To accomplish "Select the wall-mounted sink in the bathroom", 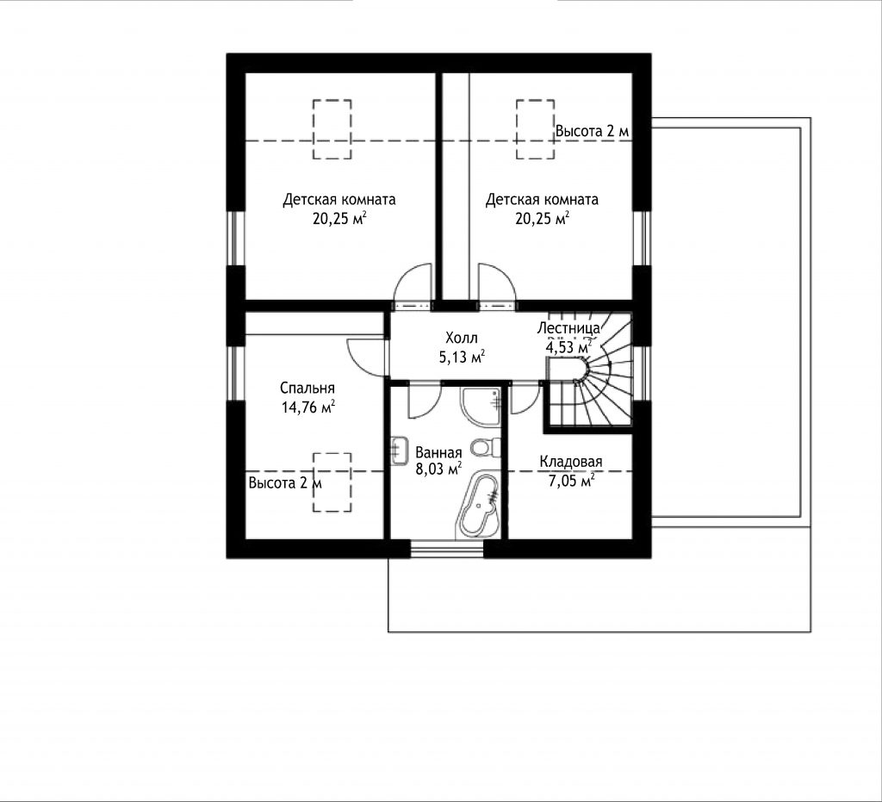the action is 399,450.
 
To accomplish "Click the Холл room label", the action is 462,338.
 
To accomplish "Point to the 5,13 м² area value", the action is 462,357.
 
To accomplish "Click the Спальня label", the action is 307,388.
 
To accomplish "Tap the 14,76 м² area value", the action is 308,407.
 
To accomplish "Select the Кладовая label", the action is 571,462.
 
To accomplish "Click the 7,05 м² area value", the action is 572,481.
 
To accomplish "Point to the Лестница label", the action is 568,328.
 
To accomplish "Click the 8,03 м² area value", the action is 438,469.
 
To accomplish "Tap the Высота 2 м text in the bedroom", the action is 285,483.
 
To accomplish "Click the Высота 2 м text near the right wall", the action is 593,131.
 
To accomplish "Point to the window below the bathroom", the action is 447,549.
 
